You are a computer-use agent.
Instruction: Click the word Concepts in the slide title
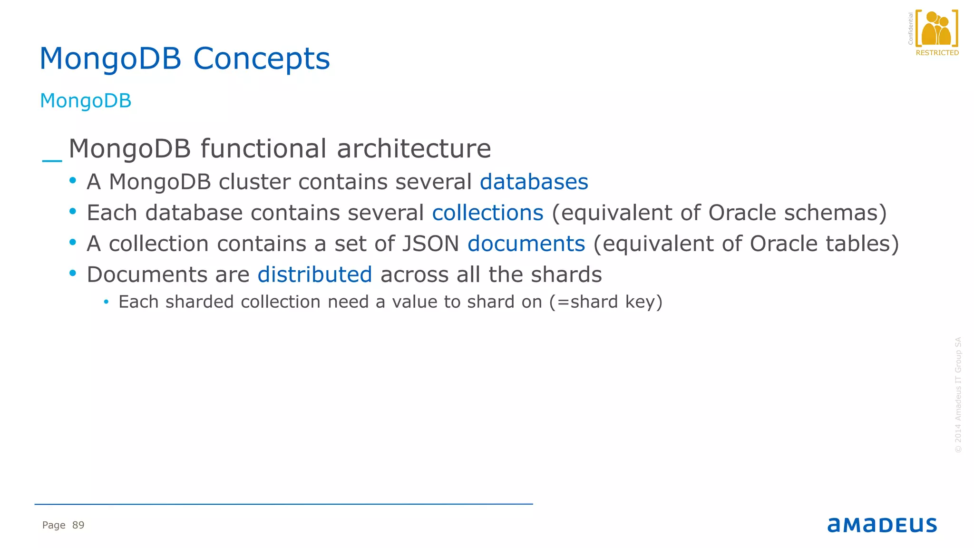261,59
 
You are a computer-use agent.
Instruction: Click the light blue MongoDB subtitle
86,101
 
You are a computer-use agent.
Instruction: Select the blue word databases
534,182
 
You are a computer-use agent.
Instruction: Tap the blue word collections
487,213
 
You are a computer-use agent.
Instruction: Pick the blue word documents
526,244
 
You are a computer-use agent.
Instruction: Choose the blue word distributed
314,275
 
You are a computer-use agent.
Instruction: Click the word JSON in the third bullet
430,244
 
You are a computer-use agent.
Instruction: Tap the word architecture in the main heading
414,149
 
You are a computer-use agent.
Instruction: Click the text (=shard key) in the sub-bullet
606,302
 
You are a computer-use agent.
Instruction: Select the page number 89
78,525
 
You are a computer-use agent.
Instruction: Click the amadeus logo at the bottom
882,525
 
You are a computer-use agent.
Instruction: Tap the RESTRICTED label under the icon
937,53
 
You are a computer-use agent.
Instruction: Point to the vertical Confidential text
910,29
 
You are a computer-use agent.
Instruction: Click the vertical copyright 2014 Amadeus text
958,395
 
